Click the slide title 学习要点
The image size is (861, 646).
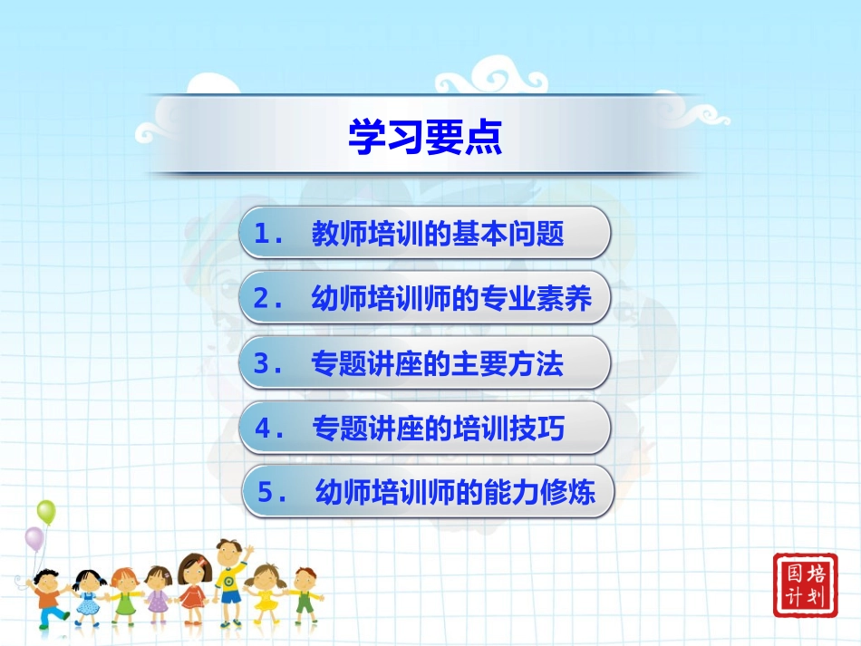[424, 137]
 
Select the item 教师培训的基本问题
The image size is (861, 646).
[437, 235]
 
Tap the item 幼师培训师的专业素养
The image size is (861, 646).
[450, 299]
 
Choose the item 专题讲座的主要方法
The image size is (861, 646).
[437, 364]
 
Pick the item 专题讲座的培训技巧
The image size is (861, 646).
[437, 429]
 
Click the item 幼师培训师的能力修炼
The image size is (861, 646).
[455, 494]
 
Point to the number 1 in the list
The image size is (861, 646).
[264, 236]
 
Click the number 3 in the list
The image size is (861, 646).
[264, 365]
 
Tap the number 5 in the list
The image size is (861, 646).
[267, 495]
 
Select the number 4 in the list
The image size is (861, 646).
[264, 429]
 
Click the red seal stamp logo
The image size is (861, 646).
[805, 585]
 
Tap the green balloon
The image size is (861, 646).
[46, 513]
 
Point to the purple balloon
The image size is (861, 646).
[34, 540]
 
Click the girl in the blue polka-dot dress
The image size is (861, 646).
[88, 596]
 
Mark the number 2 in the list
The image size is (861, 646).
[264, 300]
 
